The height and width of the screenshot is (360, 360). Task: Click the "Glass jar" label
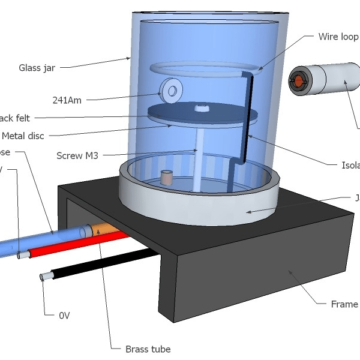(x=37, y=68)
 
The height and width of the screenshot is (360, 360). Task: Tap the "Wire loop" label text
(x=338, y=37)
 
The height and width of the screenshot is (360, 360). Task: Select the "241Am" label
(x=67, y=100)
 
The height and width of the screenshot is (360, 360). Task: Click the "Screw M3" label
(x=77, y=155)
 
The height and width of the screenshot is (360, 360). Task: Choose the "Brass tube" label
(x=148, y=349)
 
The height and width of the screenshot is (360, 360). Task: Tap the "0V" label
(x=65, y=314)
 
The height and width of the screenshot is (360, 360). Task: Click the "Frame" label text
(x=344, y=304)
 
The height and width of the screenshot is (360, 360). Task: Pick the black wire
(x=102, y=264)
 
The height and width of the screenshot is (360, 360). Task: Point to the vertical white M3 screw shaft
(x=196, y=160)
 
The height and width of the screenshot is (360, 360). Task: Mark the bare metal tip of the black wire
(x=44, y=277)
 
